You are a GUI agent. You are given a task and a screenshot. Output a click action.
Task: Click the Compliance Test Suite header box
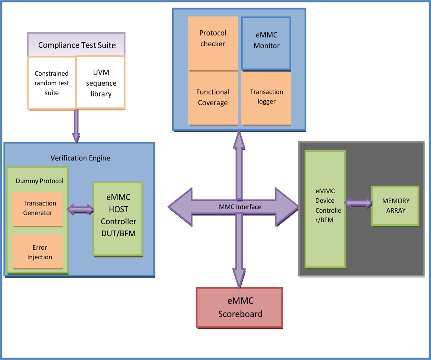coord(76,45)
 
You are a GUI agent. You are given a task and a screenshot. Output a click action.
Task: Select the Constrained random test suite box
coord(52,83)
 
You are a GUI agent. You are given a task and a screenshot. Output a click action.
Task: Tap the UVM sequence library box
coord(101,83)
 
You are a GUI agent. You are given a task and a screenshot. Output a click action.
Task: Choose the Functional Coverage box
coord(213,98)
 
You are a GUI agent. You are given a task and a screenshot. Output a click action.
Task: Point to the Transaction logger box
coord(266,97)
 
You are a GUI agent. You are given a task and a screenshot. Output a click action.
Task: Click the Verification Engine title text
coord(80,158)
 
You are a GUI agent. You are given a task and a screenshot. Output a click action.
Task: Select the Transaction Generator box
coord(37,208)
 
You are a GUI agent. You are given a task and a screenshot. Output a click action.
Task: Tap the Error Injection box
coord(37,252)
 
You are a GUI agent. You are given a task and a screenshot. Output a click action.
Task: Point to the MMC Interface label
coord(240,207)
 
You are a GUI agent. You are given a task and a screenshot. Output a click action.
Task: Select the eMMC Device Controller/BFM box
coord(325,209)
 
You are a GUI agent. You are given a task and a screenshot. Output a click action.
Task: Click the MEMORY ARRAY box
coord(395,205)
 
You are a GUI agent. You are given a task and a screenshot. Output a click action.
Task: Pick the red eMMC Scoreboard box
coord(239,307)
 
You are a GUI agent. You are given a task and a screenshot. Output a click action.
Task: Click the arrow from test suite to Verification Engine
coord(76,126)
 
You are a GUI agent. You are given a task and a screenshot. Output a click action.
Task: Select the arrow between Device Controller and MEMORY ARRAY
coord(358,203)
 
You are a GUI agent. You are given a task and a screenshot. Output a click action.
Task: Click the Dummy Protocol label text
coord(39,181)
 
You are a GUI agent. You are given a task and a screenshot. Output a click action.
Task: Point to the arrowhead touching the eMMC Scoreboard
coord(239,279)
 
